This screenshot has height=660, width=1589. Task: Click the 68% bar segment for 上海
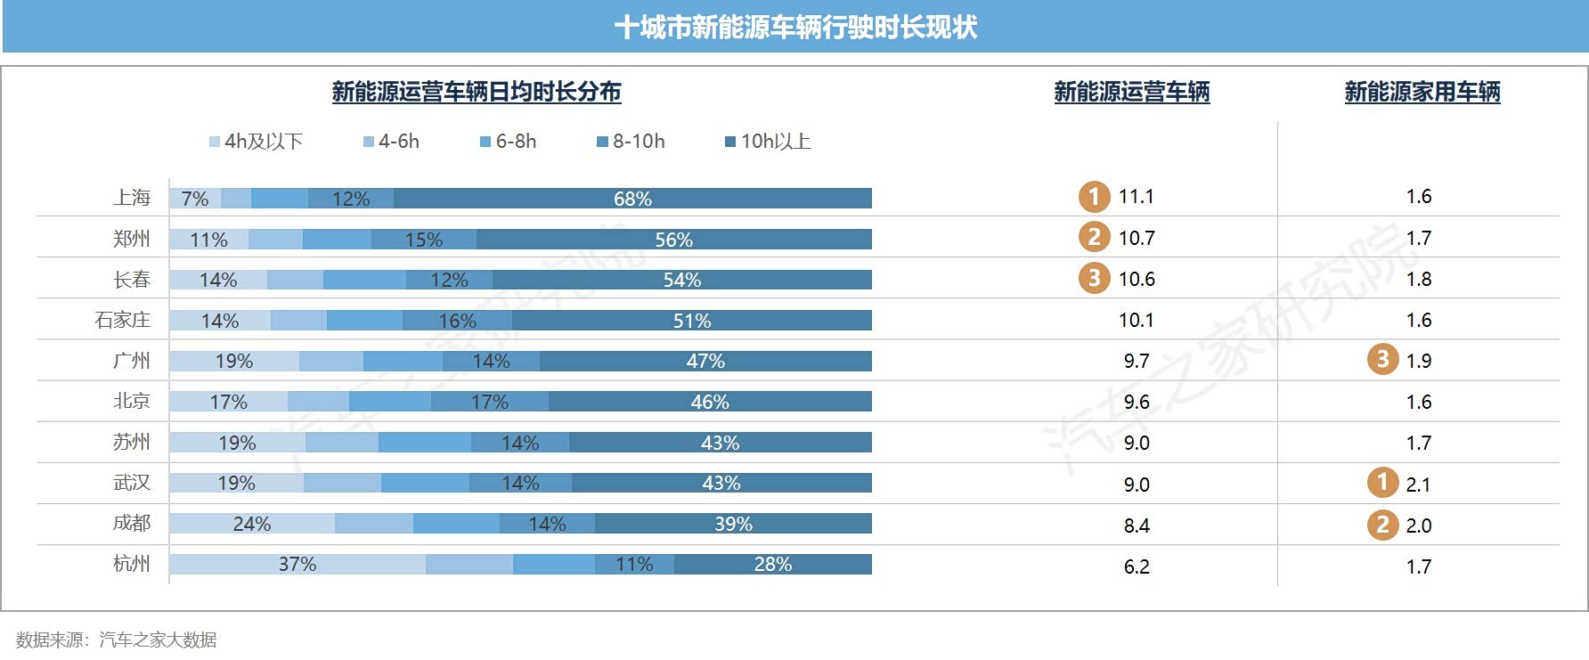[632, 199]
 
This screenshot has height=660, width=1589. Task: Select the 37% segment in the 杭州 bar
[297, 565]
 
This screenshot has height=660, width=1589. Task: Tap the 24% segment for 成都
[252, 524]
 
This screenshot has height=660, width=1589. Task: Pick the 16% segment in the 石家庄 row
[457, 321]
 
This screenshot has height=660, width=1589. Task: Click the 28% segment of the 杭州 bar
[772, 565]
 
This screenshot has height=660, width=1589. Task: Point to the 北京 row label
[132, 402]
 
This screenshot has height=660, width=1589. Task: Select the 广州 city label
[132, 361]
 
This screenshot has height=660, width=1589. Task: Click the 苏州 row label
[132, 443]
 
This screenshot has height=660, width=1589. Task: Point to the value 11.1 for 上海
[1137, 197]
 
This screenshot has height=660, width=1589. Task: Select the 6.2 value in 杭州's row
[1137, 567]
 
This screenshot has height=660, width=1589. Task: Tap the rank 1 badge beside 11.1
[1094, 197]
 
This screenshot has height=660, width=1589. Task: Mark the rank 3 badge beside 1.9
[1382, 360]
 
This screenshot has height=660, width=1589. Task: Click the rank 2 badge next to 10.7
[1094, 237]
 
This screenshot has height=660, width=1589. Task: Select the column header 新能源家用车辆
[1422, 92]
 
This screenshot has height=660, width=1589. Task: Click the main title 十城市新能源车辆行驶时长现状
[795, 28]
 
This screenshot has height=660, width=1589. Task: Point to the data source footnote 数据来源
[117, 640]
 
